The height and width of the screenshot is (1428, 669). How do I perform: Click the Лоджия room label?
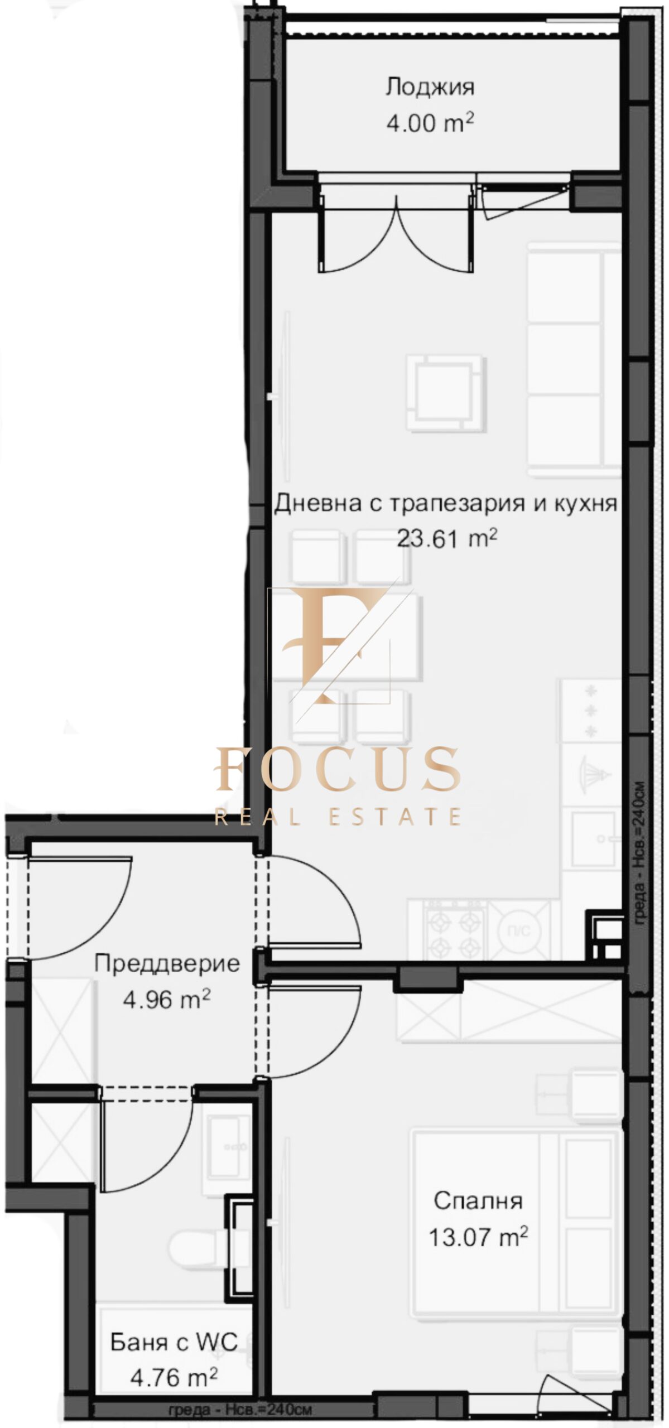point(430,88)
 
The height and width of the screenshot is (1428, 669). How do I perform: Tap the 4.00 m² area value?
point(430,122)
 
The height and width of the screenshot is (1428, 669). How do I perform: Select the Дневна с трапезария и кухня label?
point(445,504)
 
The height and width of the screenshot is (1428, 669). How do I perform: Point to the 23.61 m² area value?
point(447,539)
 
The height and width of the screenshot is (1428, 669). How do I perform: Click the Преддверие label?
point(167,963)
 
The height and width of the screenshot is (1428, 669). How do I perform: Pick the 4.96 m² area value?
point(167,999)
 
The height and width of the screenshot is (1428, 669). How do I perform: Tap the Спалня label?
point(478,1200)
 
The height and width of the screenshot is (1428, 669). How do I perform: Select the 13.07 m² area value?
point(478,1237)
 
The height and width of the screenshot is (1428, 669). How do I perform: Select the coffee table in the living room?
point(445,393)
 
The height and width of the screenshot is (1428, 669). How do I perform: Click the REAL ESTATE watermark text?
point(338,817)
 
